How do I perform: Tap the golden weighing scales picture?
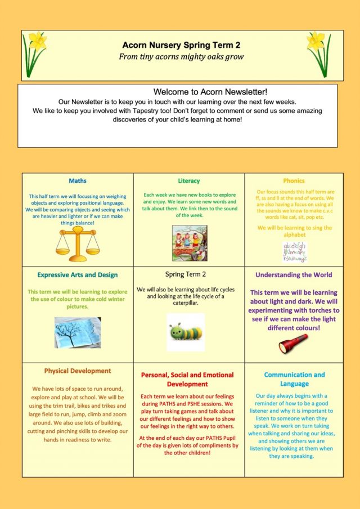(x=78, y=241)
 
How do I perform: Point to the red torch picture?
(x=294, y=343)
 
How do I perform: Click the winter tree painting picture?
(x=78, y=332)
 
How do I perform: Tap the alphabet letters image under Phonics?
(x=295, y=252)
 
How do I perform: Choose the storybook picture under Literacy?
(x=188, y=242)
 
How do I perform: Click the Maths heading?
(x=78, y=181)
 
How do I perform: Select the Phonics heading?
(x=294, y=181)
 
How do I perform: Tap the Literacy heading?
(x=189, y=181)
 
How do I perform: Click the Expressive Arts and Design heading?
(x=78, y=275)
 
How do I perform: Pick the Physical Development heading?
(x=78, y=371)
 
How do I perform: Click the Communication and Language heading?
(x=294, y=379)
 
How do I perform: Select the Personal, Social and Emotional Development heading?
(x=189, y=379)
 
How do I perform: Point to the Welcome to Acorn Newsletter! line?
(x=210, y=92)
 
